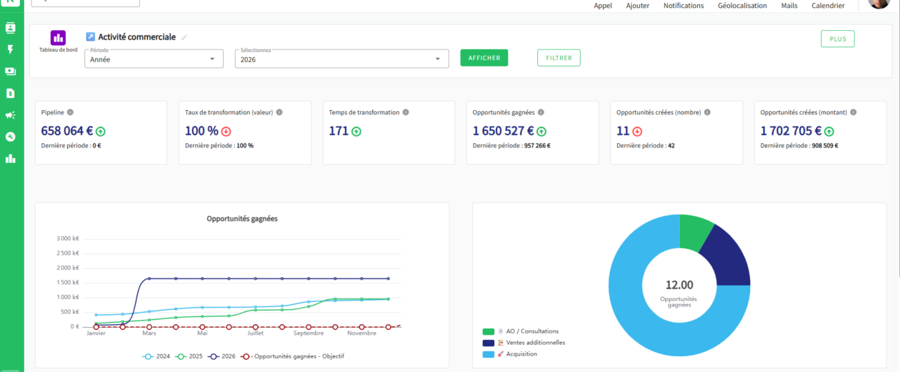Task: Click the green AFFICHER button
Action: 484,57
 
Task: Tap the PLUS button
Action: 837,39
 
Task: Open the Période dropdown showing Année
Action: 154,59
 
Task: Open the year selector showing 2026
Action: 341,59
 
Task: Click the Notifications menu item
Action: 684,6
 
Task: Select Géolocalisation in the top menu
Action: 742,6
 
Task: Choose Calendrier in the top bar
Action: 828,6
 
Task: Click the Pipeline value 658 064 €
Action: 66,131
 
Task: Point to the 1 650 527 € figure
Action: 503,131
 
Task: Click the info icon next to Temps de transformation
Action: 406,112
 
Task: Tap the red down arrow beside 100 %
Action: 226,131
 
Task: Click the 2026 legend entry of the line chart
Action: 221,356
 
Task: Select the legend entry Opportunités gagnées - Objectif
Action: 293,356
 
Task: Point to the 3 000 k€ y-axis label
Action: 68,238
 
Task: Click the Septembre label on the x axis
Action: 308,333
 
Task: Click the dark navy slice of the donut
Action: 726,258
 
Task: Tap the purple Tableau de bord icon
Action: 58,38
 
